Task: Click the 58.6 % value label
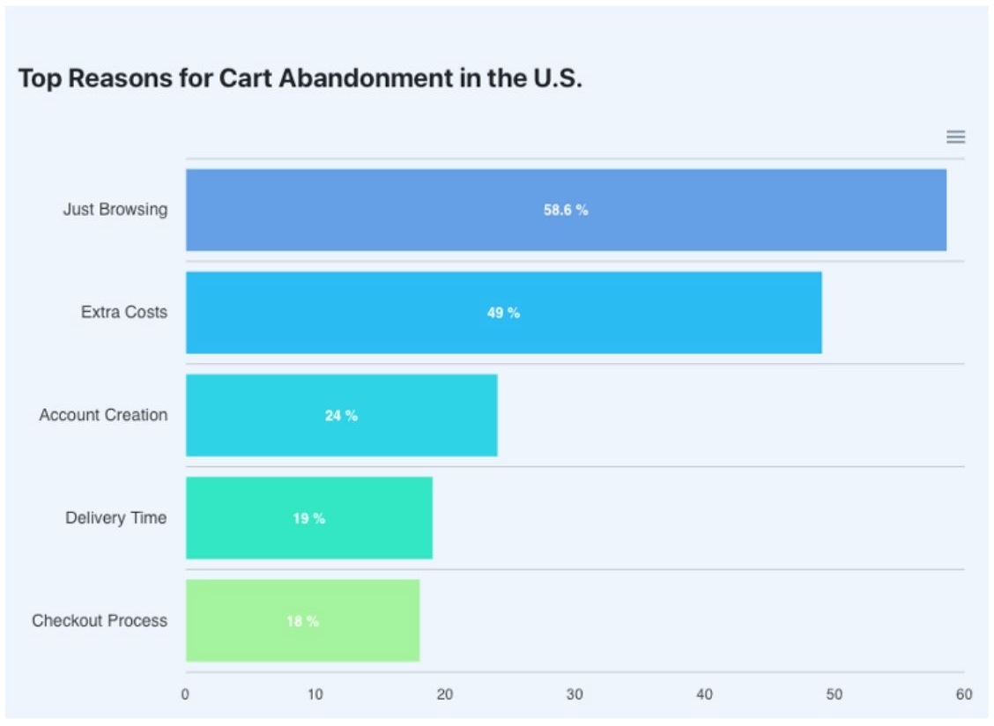click(566, 210)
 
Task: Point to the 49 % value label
click(503, 313)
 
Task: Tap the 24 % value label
click(341, 415)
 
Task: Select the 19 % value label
click(308, 518)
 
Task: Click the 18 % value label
click(302, 621)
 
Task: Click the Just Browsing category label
click(115, 210)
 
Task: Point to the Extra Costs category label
click(123, 312)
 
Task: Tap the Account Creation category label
click(103, 415)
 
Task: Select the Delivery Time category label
click(115, 518)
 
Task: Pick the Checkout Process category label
click(100, 620)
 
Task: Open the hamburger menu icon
click(955, 137)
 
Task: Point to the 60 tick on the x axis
click(964, 694)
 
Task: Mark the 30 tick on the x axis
click(575, 694)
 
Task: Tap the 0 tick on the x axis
click(185, 694)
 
